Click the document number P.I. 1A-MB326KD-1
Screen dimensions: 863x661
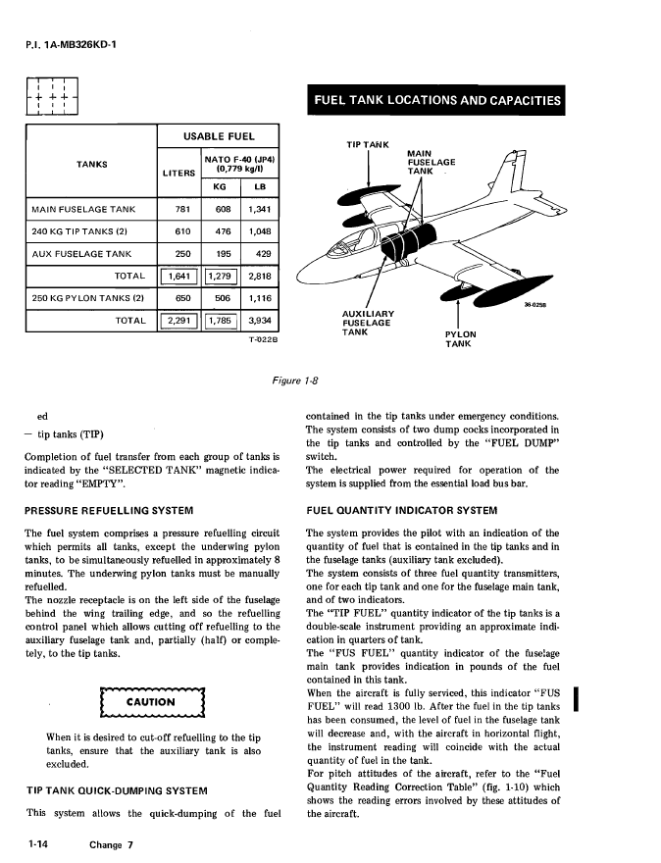coord(61,43)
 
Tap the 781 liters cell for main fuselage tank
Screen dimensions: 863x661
coord(181,209)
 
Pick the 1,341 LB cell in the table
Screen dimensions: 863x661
coord(260,209)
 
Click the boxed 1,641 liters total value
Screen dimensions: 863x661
coord(178,276)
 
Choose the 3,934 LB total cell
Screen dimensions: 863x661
coord(260,320)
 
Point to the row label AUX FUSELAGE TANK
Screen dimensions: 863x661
coord(81,254)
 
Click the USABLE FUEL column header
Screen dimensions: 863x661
coord(218,136)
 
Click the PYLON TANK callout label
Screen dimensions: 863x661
coord(458,338)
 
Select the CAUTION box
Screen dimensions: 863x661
coord(150,702)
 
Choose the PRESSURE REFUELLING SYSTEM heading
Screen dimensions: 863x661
coord(108,511)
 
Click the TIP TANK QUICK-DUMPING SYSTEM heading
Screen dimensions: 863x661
coord(116,789)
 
